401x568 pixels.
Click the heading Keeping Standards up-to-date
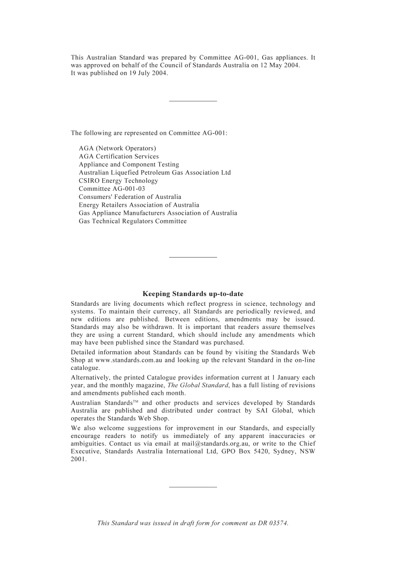point(193,294)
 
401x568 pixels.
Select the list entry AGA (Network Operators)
point(117,148)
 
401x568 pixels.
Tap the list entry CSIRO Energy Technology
point(118,181)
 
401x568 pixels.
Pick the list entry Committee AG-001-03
point(111,189)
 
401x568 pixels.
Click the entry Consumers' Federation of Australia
point(130,197)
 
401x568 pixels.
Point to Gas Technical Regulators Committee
point(133,221)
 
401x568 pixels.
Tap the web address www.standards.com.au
point(129,360)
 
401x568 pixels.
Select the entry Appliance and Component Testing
point(129,165)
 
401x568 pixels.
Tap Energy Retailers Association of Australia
point(139,205)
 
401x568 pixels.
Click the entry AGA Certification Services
point(119,156)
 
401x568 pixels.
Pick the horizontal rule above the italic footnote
point(193,487)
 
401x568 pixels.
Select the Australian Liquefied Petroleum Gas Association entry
point(154,173)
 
